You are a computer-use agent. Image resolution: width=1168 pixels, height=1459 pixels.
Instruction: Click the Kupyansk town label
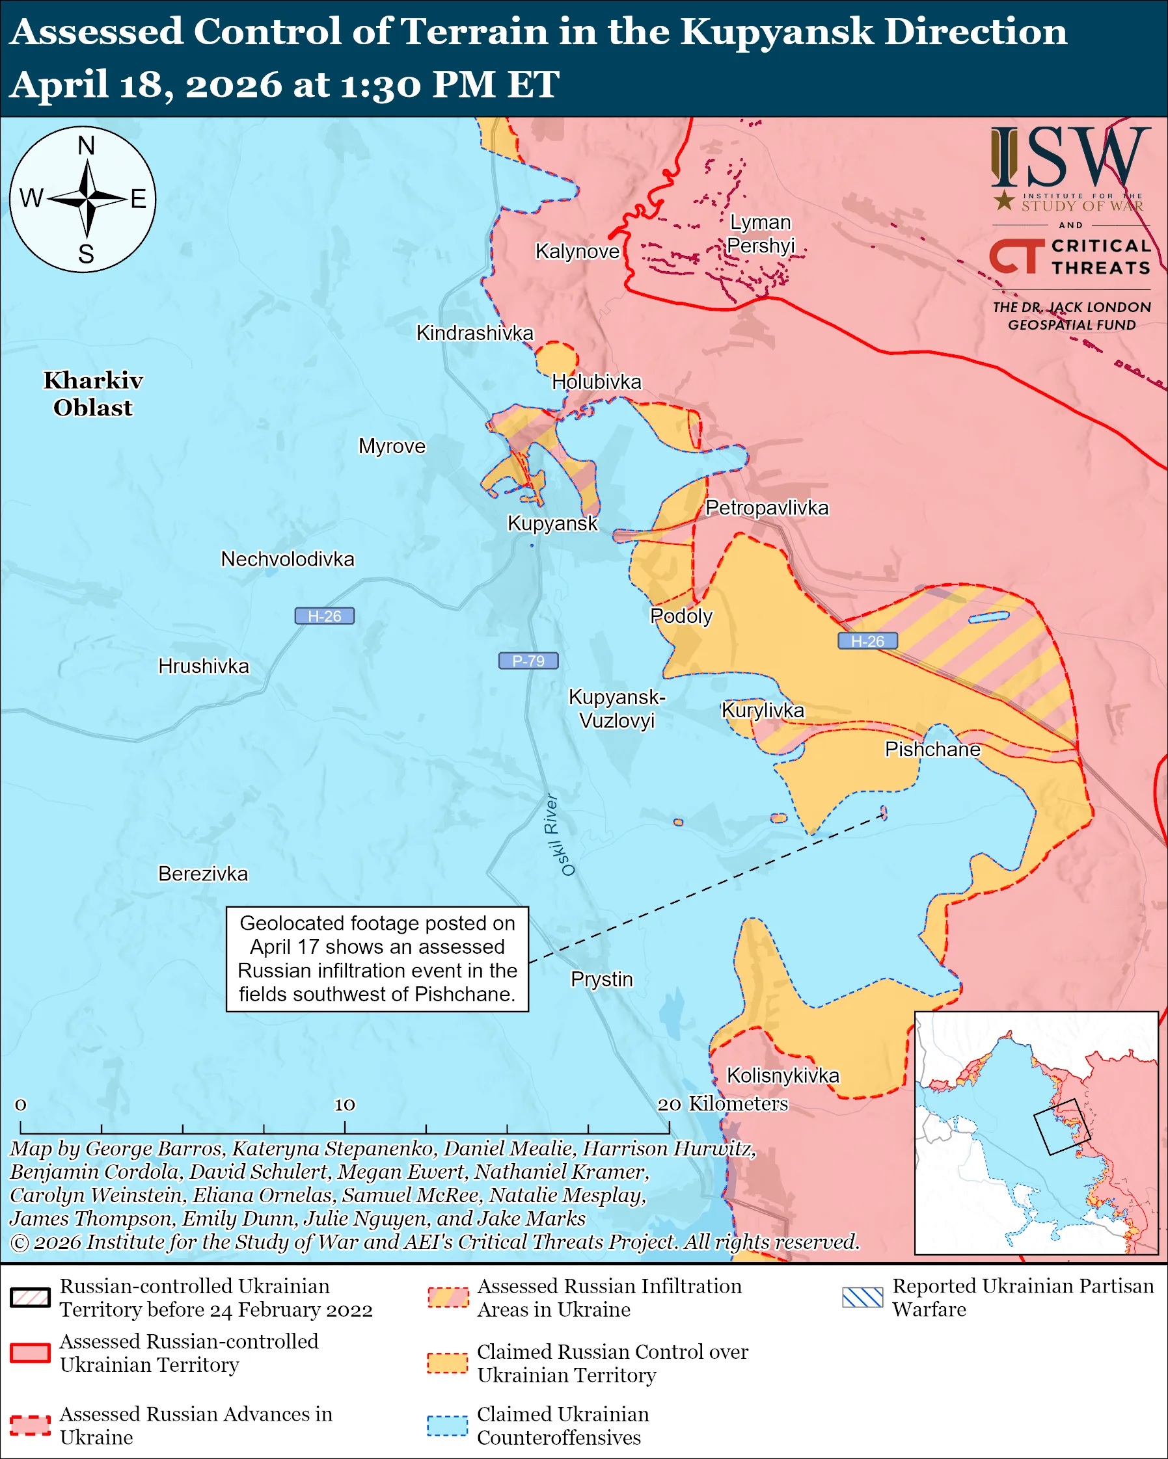click(552, 523)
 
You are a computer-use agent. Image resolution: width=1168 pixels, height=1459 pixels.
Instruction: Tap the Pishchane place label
click(932, 749)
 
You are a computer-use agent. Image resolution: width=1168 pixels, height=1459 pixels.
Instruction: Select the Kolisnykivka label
click(783, 1075)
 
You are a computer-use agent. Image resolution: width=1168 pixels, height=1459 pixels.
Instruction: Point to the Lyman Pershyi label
click(761, 233)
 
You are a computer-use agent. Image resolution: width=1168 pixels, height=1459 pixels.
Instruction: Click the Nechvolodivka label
click(287, 559)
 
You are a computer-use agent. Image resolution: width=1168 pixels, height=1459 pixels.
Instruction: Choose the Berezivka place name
click(203, 874)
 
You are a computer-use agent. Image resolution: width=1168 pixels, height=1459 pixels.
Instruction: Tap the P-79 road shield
click(528, 661)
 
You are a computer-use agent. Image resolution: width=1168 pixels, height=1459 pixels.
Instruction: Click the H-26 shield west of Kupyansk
click(324, 616)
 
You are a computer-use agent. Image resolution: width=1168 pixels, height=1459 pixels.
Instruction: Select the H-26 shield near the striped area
click(867, 641)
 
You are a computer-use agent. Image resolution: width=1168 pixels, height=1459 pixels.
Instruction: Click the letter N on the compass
click(86, 146)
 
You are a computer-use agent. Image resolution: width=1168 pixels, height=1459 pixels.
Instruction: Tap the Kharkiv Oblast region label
click(94, 394)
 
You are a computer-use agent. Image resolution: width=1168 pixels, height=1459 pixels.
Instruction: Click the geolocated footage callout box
click(377, 959)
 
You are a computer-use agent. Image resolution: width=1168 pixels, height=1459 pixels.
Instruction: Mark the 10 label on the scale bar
click(345, 1105)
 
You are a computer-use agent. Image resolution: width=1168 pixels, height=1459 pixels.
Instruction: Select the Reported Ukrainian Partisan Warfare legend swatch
click(863, 1297)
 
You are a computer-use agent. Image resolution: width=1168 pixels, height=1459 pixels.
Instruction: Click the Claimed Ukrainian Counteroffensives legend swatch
click(447, 1425)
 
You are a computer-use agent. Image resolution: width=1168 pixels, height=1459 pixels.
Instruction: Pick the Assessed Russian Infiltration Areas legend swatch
click(448, 1297)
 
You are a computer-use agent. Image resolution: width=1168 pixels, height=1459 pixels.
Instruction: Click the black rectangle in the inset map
click(1061, 1127)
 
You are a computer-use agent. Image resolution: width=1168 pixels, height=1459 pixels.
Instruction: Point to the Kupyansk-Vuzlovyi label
click(616, 709)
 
